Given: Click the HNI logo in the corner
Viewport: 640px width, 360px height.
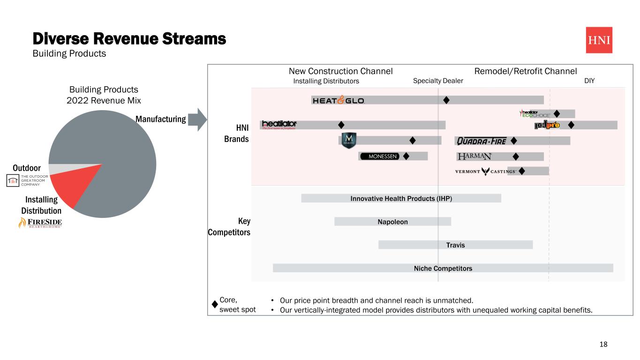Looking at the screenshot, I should (x=599, y=40).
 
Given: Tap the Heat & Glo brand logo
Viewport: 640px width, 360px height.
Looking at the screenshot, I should (x=338, y=100).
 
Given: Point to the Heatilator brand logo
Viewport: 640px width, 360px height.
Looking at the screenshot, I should (x=279, y=124).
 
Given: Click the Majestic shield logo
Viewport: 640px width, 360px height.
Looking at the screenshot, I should (x=349, y=141).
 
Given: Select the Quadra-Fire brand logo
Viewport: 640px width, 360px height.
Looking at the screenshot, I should (x=482, y=141).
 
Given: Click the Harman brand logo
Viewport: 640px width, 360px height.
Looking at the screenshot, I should (x=474, y=156).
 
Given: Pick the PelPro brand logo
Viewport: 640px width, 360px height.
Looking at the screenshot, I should (x=547, y=125).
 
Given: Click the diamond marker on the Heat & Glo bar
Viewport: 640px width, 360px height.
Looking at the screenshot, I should (x=446, y=100).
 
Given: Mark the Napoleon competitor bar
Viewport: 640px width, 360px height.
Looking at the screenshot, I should (x=392, y=221).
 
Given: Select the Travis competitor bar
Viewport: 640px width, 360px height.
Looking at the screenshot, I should (x=455, y=245).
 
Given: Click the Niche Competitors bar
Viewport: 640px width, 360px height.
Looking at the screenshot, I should (x=443, y=268).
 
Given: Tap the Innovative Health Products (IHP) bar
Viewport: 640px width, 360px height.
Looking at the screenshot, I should (x=401, y=198).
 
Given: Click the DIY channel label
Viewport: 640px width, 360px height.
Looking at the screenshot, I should (x=589, y=81).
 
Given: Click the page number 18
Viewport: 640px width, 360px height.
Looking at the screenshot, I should (x=603, y=345).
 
